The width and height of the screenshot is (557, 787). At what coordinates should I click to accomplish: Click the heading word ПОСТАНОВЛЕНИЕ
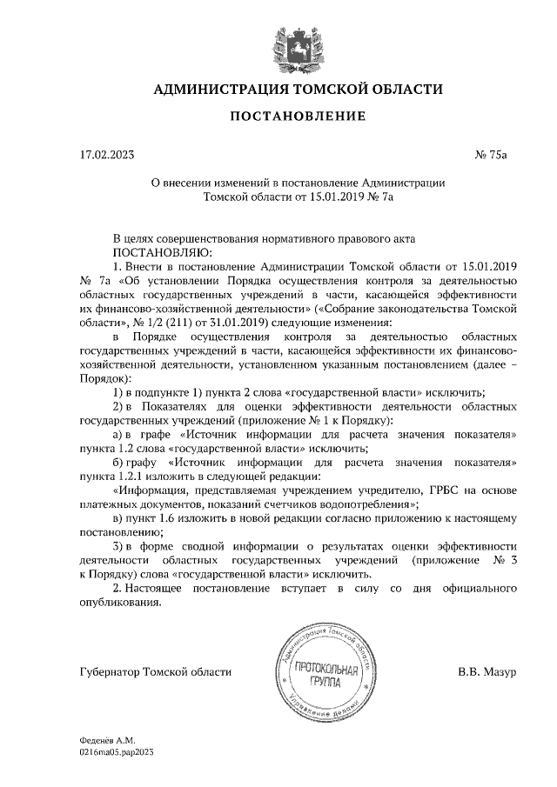[x=298, y=117]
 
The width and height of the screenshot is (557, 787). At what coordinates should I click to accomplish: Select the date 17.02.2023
[x=107, y=156]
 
